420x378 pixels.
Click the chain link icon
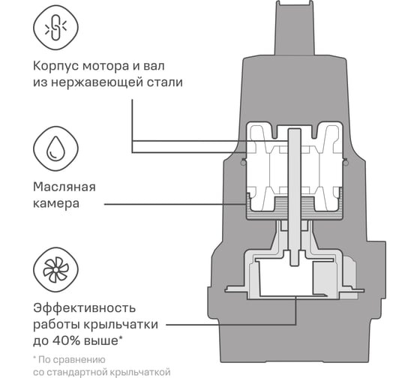click(55, 27)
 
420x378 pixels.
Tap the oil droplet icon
click(55, 148)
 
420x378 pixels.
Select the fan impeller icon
click(55, 269)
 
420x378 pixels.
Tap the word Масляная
click(64, 187)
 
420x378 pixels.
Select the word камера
click(56, 203)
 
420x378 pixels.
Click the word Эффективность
click(84, 308)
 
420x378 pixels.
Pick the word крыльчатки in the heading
click(121, 325)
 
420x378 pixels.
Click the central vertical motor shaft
click(294, 197)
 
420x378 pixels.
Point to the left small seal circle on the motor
click(243, 162)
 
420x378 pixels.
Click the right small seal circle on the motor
click(346, 162)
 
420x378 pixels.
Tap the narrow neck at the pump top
click(294, 28)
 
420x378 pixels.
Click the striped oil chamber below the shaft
click(294, 208)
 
